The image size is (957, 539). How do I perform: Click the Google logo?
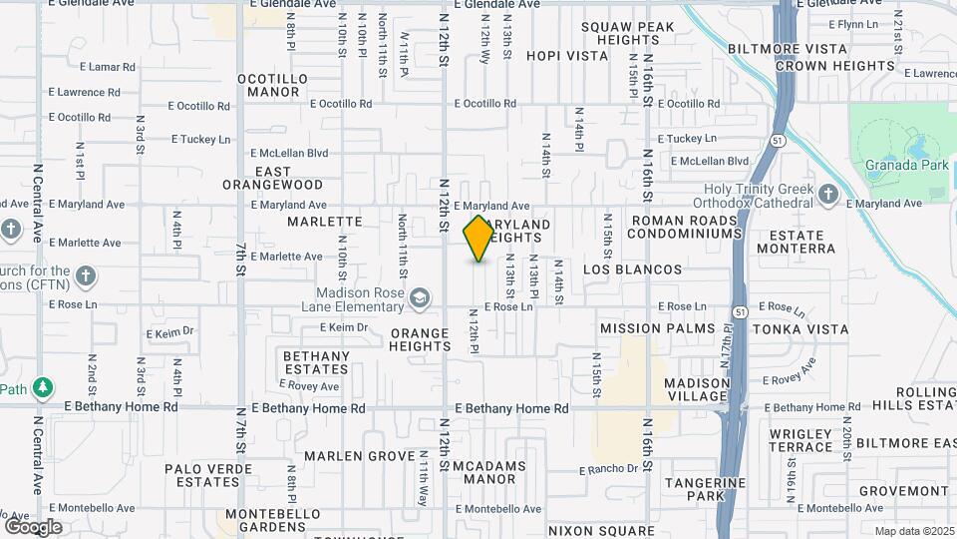coord(33,526)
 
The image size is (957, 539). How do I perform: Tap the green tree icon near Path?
coord(42,386)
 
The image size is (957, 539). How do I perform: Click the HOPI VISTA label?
coord(566,56)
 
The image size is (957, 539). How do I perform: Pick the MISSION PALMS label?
coord(658,328)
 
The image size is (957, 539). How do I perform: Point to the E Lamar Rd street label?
coord(110,67)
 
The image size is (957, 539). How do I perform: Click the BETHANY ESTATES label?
coord(316,362)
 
